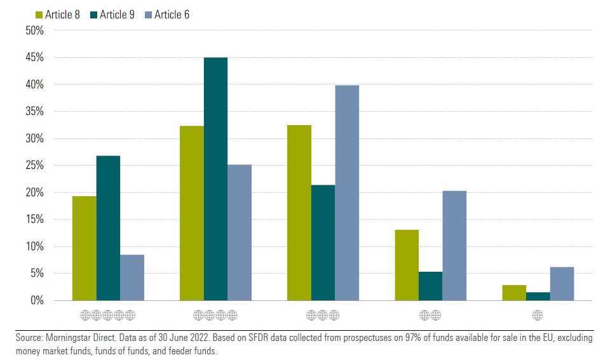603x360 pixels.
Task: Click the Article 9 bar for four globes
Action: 215,178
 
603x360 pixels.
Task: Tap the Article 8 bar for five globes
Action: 84,248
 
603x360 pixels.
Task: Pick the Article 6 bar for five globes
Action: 132,277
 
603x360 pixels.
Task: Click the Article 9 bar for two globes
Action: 430,286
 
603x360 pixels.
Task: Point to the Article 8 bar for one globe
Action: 514,292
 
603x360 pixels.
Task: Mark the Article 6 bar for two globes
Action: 454,245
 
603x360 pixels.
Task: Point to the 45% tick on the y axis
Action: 34,58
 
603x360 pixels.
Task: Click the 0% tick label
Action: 36,300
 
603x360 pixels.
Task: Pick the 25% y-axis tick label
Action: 34,166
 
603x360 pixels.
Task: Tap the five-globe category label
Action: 108,315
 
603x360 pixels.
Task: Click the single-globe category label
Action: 538,315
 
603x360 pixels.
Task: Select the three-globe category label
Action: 323,315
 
